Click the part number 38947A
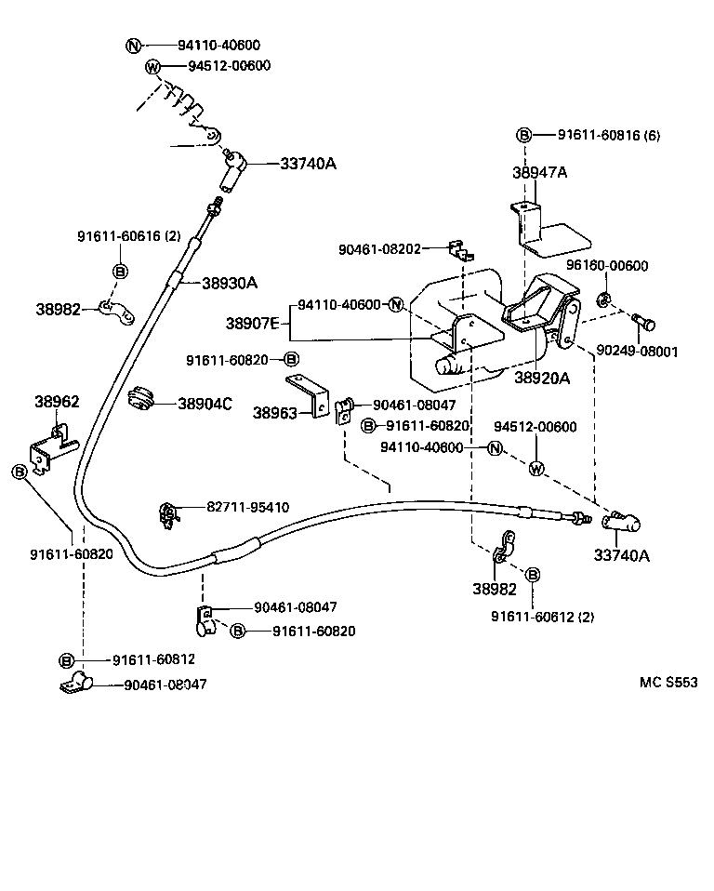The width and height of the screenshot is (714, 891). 539,173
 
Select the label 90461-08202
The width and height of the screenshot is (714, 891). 379,249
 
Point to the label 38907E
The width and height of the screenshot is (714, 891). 254,324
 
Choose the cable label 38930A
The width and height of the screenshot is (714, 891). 230,284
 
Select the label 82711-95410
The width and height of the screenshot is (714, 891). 247,508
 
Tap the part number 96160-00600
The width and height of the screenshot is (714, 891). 609,266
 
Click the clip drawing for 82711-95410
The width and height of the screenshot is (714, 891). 169,513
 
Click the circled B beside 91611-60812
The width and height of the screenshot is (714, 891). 67,659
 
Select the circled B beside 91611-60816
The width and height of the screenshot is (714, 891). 524,136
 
